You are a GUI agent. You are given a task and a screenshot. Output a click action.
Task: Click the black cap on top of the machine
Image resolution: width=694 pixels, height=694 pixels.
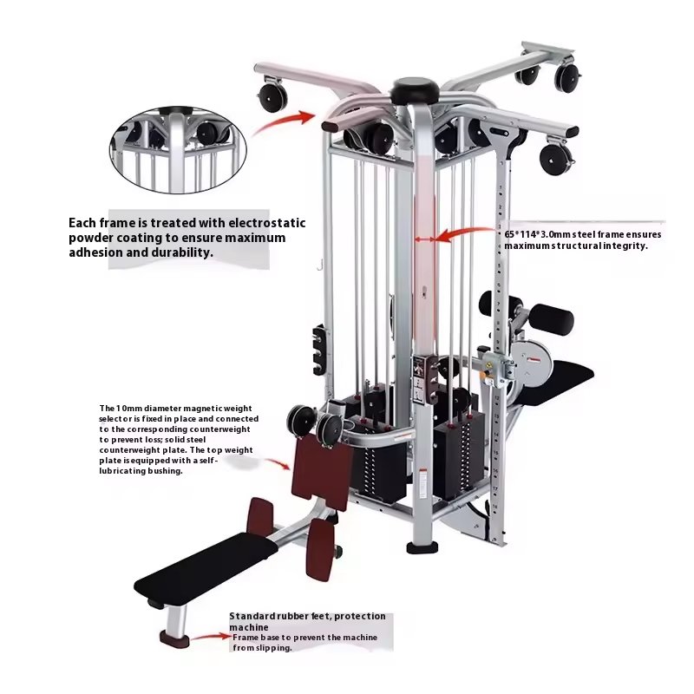click(415, 89)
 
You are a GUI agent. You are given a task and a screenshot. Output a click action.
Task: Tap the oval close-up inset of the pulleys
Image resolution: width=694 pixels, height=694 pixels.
click(178, 149)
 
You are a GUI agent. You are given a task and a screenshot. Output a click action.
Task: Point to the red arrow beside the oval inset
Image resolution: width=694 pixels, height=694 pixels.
click(284, 122)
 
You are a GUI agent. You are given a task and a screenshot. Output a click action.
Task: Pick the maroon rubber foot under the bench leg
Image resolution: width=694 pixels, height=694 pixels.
click(174, 639)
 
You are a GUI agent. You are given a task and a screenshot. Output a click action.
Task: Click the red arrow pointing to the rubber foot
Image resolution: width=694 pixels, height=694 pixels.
click(212, 637)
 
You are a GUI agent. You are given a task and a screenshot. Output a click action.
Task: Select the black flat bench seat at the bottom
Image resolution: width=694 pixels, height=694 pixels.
click(206, 566)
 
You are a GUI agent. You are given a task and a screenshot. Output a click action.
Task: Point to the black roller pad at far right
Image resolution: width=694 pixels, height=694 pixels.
click(552, 318)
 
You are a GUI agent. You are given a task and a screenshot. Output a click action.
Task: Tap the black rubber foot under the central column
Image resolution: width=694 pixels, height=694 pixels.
click(422, 548)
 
